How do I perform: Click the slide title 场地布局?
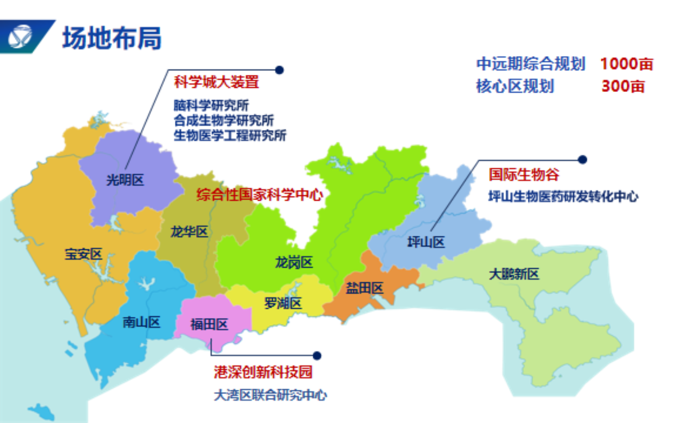pyautogui.click(x=112, y=38)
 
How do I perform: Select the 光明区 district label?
pyautogui.click(x=125, y=180)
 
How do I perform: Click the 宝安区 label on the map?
pyautogui.click(x=83, y=255)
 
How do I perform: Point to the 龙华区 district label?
pyautogui.click(x=189, y=231)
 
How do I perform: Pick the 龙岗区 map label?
pyautogui.click(x=294, y=262)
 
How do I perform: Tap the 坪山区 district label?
pyautogui.click(x=426, y=242)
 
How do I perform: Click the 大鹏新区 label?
pyautogui.click(x=514, y=274)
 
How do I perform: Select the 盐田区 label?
pyautogui.click(x=365, y=288)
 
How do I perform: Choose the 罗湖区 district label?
pyautogui.click(x=282, y=303)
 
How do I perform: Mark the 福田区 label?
pyautogui.click(x=209, y=325)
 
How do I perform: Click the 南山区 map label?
pyautogui.click(x=141, y=322)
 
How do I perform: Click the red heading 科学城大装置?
pyautogui.click(x=216, y=82)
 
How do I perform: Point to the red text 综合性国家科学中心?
pyautogui.click(x=260, y=195)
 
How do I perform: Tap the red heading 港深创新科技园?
pyautogui.click(x=263, y=372)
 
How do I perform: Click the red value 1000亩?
pyautogui.click(x=626, y=64)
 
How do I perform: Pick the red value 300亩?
pyautogui.click(x=623, y=86)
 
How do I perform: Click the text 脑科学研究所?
pyautogui.click(x=211, y=105)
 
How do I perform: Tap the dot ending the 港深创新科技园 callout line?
pyautogui.click(x=317, y=356)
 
